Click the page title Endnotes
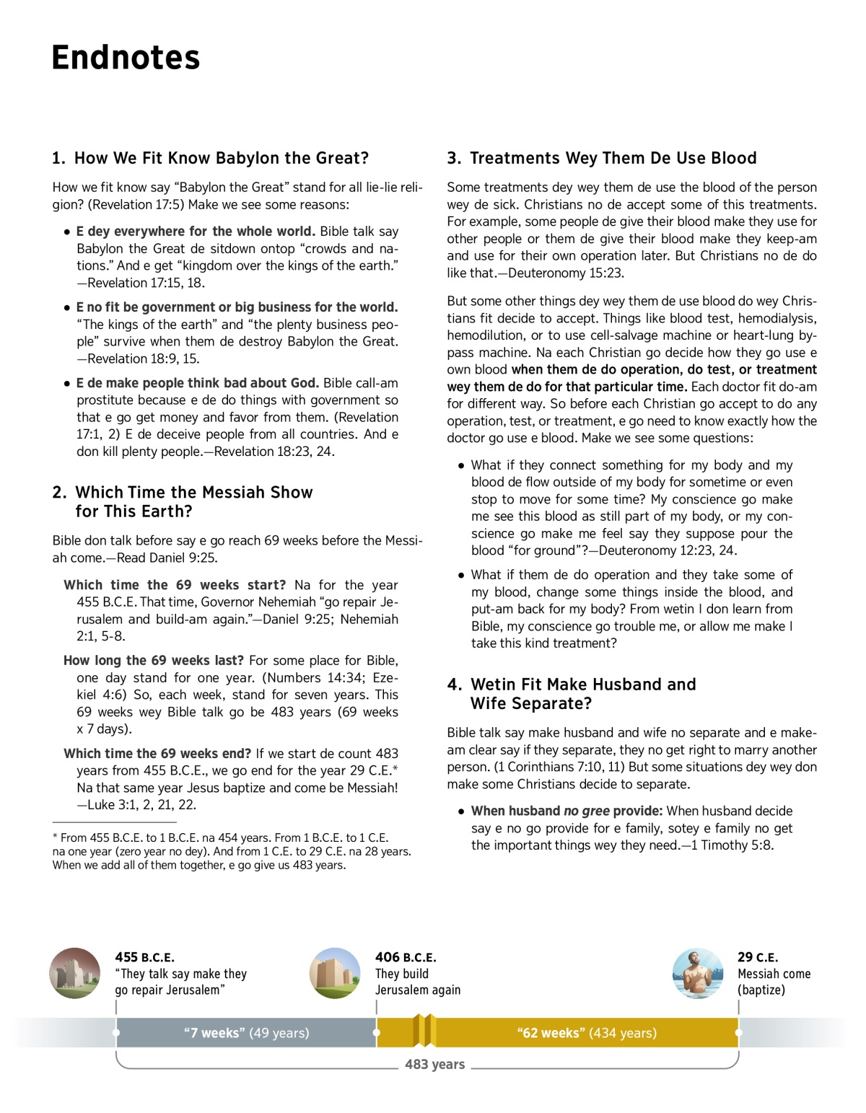point(126,58)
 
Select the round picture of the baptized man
point(697,973)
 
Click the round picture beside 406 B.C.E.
point(335,973)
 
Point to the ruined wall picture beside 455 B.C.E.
point(75,973)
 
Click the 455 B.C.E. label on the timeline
point(144,957)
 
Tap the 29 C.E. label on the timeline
point(758,957)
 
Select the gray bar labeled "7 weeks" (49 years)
point(246,1033)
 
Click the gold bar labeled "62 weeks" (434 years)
point(587,1033)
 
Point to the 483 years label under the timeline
point(434,1064)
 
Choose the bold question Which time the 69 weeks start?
point(175,585)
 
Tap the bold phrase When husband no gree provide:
point(567,811)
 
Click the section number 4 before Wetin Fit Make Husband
point(454,685)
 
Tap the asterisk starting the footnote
point(55,838)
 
